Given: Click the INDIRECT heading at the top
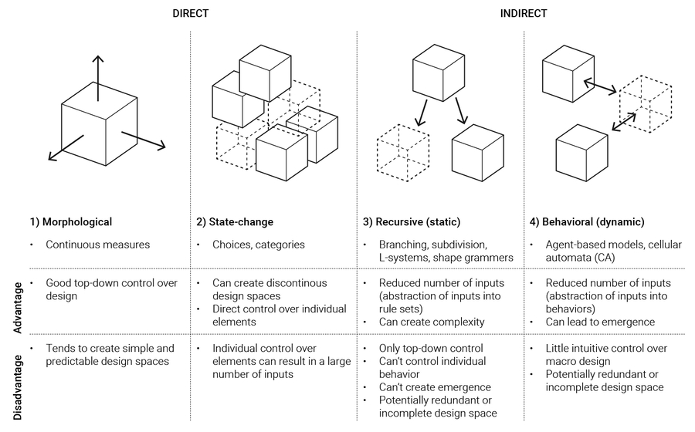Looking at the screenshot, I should pyautogui.click(x=525, y=12).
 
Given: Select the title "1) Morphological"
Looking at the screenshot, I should pyautogui.click(x=71, y=222).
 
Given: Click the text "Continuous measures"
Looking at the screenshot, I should pyautogui.click(x=97, y=245).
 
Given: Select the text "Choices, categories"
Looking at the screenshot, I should pyautogui.click(x=259, y=245).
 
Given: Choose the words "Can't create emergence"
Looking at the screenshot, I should pyautogui.click(x=435, y=386).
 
